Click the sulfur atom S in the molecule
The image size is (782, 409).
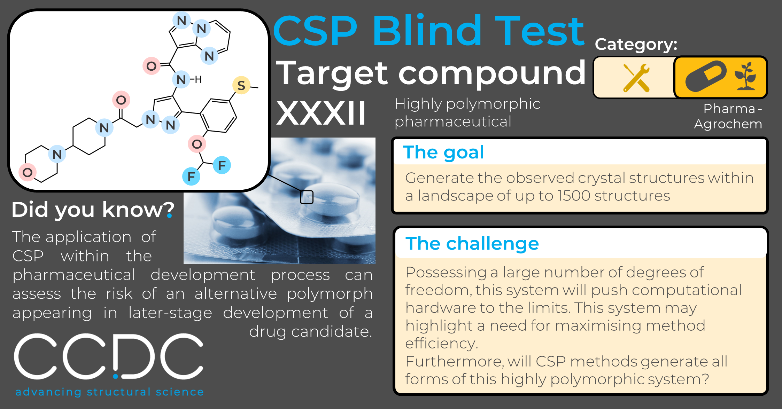(x=241, y=85)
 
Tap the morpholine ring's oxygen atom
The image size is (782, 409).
(x=28, y=172)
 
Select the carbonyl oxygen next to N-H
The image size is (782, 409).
(x=152, y=66)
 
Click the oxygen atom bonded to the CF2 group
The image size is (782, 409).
(x=197, y=144)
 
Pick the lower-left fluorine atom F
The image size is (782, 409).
(x=191, y=176)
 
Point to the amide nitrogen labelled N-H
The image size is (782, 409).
(x=181, y=80)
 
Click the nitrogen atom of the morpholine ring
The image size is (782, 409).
(x=57, y=154)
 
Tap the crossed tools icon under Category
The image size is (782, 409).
(x=636, y=78)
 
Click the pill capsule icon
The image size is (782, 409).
(x=706, y=76)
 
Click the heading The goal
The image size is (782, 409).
(x=443, y=152)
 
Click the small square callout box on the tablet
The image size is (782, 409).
(x=307, y=197)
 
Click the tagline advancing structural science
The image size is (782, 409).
(x=110, y=392)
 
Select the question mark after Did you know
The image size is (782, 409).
(x=170, y=210)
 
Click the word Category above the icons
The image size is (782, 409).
(x=636, y=45)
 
